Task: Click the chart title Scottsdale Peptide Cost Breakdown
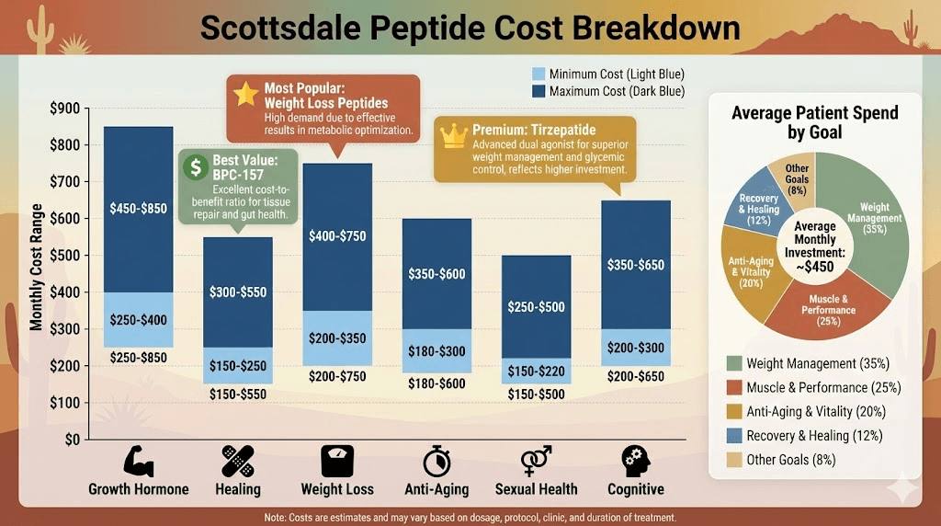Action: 470,28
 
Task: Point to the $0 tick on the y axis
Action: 71,440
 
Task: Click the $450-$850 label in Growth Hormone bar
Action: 138,209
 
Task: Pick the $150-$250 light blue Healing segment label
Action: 238,366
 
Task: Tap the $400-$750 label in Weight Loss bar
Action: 337,236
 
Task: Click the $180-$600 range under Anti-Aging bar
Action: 436,384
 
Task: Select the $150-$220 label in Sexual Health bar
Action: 536,371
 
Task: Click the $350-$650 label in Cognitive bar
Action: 635,265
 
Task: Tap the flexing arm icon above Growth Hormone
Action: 138,461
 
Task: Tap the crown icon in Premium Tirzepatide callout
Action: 454,135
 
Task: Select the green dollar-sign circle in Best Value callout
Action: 195,166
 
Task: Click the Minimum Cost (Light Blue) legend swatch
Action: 539,74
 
